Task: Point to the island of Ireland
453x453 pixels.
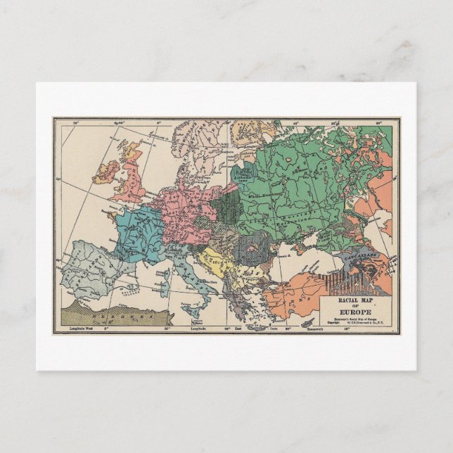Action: pyautogui.click(x=106, y=172)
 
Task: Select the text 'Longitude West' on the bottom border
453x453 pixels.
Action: pyautogui.click(x=84, y=328)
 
